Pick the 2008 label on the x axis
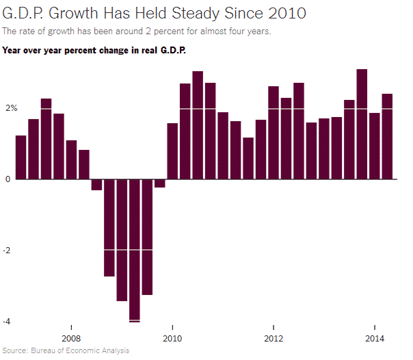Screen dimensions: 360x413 [x=71, y=338]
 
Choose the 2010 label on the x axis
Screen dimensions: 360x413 [x=172, y=338]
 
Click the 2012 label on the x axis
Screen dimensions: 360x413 [x=274, y=338]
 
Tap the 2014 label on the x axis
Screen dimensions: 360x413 [x=374, y=338]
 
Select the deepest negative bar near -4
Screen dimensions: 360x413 [x=135, y=250]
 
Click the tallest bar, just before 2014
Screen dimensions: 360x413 [x=362, y=124]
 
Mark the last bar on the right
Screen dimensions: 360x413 [x=387, y=136]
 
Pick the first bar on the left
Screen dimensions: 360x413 [x=21, y=157]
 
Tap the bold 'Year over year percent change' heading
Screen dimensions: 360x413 [x=94, y=50]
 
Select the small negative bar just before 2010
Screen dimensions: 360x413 [x=160, y=183]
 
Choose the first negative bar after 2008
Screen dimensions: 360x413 [x=96, y=184]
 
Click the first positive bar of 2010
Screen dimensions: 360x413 [x=172, y=151]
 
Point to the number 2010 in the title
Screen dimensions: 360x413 [x=282, y=14]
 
